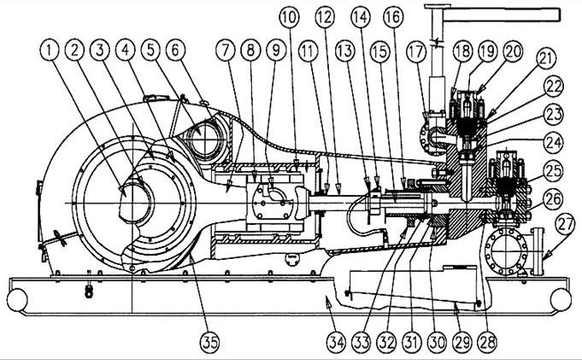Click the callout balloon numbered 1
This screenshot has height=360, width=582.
[x=51, y=51]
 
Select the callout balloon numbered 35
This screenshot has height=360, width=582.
[x=209, y=342]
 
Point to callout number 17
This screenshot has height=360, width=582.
[x=416, y=51]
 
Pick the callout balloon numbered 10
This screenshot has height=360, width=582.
[x=290, y=16]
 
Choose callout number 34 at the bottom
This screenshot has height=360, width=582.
[x=336, y=342]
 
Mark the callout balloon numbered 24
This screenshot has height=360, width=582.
[x=553, y=143]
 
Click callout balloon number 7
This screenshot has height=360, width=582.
[x=226, y=51]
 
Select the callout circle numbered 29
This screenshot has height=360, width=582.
[x=461, y=342]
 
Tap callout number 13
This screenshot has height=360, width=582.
[x=344, y=51]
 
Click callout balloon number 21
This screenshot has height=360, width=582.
[x=544, y=60]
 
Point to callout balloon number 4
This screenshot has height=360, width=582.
[x=126, y=51]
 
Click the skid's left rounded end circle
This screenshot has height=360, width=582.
[x=17, y=299]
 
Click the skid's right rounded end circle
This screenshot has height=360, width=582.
[x=561, y=299]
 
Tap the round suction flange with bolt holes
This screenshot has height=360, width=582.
[x=506, y=251]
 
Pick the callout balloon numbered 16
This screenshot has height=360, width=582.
[x=393, y=16]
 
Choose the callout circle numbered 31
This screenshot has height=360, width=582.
[x=411, y=342]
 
